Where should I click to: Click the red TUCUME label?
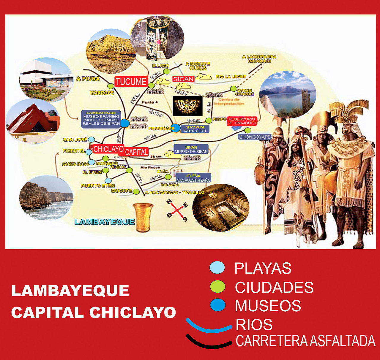coord(131,81)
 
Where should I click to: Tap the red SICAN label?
coord(183,79)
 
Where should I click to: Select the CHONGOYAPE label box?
coord(255,137)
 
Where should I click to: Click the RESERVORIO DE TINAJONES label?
coord(242,121)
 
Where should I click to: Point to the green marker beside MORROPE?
coord(111,86)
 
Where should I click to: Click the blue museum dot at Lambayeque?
coord(125,123)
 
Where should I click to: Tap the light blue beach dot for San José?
coord(92,139)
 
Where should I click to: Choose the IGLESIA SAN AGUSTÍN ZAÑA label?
coord(193,178)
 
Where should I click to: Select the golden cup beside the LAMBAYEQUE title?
coord(144,218)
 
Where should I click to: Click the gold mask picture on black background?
coord(187,106)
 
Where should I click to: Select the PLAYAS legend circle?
coord(217,267)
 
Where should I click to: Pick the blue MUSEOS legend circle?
coord(217,305)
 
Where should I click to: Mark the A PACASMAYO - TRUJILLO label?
coord(175,192)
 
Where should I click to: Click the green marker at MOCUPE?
coord(136,191)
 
